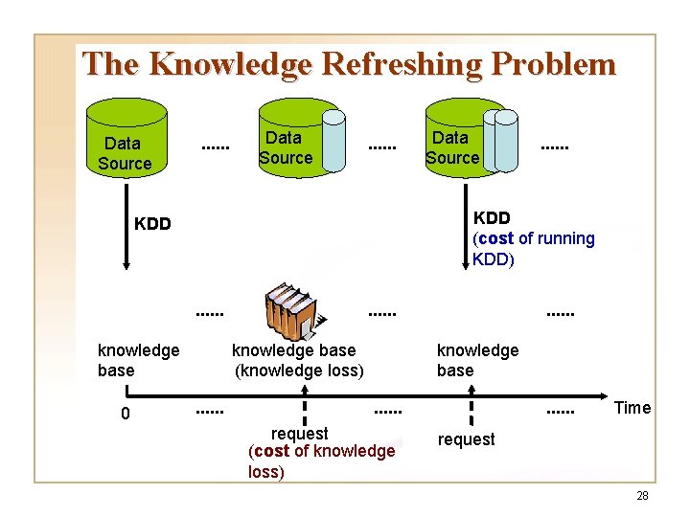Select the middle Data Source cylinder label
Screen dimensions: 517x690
pyautogui.click(x=285, y=148)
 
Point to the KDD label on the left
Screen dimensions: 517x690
pyautogui.click(x=152, y=224)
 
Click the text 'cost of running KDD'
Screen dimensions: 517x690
pyautogui.click(x=533, y=248)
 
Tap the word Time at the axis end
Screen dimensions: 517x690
pyautogui.click(x=632, y=408)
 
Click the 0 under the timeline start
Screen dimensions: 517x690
pyautogui.click(x=125, y=415)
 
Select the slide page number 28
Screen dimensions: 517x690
pyautogui.click(x=642, y=496)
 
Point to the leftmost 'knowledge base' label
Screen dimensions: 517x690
pyautogui.click(x=138, y=360)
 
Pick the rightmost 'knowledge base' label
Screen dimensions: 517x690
pyautogui.click(x=477, y=360)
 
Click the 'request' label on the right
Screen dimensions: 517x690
pyautogui.click(x=466, y=439)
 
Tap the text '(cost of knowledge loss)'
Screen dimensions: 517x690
pyautogui.click(x=320, y=461)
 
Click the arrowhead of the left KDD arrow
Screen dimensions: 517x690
pyautogui.click(x=126, y=269)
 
